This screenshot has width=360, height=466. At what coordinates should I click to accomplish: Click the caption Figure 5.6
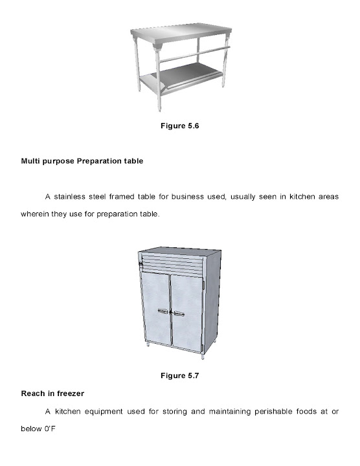179,126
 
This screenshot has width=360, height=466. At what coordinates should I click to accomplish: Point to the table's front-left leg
137,68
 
